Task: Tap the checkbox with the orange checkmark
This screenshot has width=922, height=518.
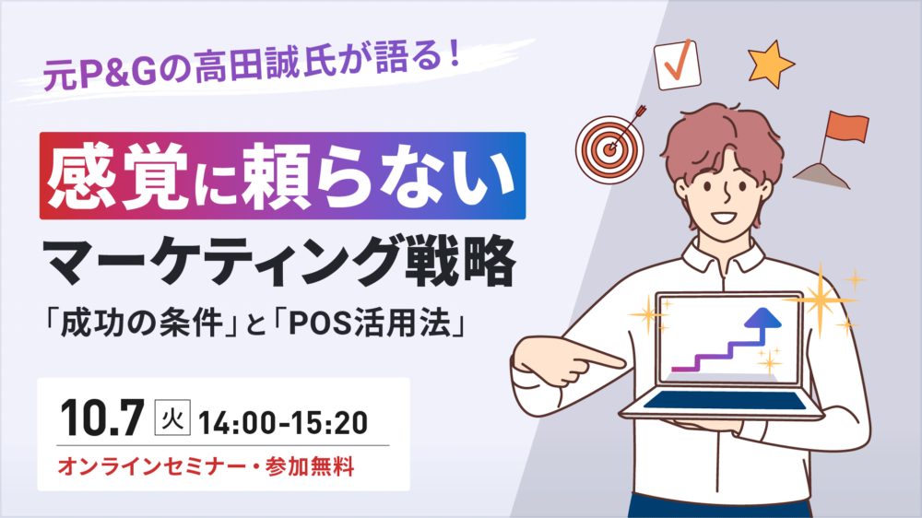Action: (678, 65)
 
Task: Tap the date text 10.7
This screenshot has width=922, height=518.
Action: (102, 418)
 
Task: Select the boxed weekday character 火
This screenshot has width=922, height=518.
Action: (172, 418)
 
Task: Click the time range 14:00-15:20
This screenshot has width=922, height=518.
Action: (283, 422)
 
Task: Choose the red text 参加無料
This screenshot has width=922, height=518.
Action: (310, 467)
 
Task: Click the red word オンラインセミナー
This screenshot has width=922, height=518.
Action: (152, 467)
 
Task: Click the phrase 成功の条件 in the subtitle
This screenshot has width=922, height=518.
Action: (141, 324)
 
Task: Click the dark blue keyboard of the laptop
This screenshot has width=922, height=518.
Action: (725, 400)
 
